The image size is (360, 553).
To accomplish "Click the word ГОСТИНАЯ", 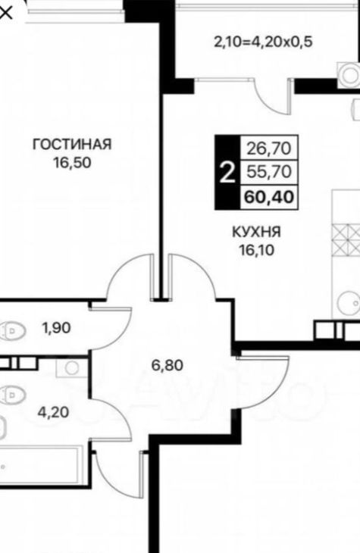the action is (x=72, y=144).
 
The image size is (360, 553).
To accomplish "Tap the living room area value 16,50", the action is (x=72, y=163).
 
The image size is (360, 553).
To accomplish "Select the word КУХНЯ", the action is (x=257, y=232).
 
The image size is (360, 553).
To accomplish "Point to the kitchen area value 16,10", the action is (x=257, y=250).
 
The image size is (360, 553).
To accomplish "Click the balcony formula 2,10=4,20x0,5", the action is (x=263, y=42).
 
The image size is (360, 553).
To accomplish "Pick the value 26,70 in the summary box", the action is (x=269, y=148).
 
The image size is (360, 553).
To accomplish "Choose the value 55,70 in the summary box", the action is (x=269, y=172).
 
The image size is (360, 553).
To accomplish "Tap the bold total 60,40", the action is (x=269, y=197).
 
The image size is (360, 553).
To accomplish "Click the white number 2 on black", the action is (x=227, y=173).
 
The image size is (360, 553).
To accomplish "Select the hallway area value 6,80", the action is (x=167, y=365).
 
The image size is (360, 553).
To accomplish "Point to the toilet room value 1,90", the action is (x=57, y=328).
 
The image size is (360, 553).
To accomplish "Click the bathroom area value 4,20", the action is (x=53, y=411).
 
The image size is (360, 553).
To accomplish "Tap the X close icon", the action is (x=6, y=14).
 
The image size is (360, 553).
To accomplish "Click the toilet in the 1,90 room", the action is (x=13, y=331).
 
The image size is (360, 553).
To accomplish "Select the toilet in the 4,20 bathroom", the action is (x=13, y=395).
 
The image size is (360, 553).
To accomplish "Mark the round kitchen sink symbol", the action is (x=349, y=303).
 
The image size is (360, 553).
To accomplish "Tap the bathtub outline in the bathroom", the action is (x=39, y=466).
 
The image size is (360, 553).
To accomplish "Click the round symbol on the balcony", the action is (x=349, y=75).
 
